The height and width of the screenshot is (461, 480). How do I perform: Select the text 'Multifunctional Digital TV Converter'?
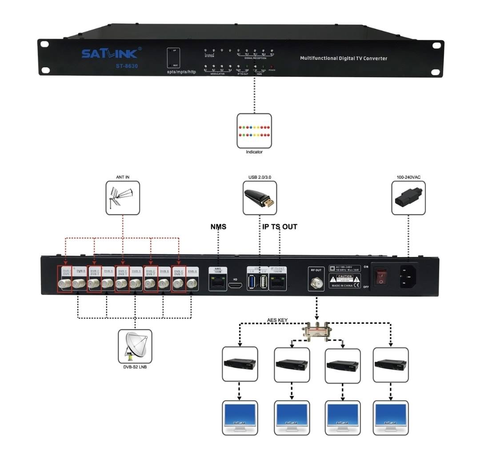tap(344, 58)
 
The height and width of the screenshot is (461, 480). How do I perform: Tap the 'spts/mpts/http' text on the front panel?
tap(178, 72)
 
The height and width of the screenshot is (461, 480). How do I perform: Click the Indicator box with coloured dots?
tap(254, 131)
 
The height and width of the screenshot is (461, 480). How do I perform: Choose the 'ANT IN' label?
tap(122, 177)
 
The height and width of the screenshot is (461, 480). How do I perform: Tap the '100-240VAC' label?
tap(408, 177)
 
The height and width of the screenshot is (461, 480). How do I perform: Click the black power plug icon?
tap(408, 198)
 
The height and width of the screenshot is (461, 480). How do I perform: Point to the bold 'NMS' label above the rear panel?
tap(218, 227)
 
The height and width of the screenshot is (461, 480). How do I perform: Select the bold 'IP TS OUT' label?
tap(280, 227)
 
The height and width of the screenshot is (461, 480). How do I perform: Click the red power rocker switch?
tap(380, 277)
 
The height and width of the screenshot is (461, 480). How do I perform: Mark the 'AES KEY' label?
tap(276, 320)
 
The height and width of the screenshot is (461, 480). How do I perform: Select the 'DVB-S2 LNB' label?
tap(135, 367)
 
